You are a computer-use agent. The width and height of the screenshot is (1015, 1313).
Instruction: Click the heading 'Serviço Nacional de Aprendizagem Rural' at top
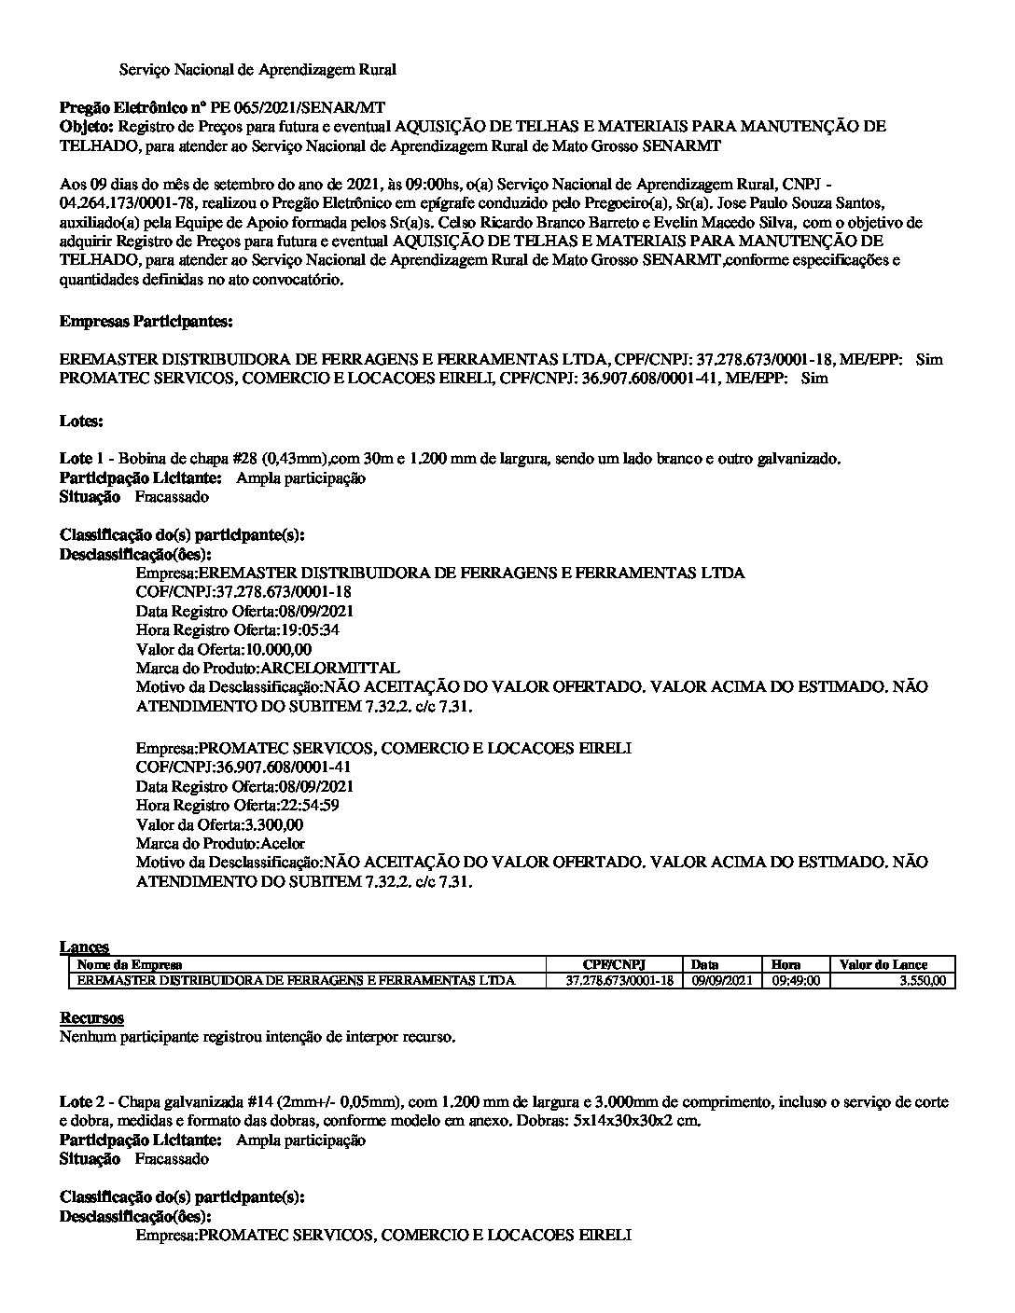pyautogui.click(x=257, y=70)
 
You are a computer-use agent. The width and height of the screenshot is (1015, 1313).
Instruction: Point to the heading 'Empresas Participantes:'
pyautogui.click(x=146, y=322)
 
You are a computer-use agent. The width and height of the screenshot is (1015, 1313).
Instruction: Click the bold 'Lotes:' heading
pyautogui.click(x=81, y=422)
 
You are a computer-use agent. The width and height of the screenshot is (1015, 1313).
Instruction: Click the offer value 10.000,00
pyautogui.click(x=279, y=650)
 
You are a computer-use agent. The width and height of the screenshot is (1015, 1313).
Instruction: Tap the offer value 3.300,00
pyautogui.click(x=273, y=825)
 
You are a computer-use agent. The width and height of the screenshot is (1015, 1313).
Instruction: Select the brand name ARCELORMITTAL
pyautogui.click(x=331, y=669)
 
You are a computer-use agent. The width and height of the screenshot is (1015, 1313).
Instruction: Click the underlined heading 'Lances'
pyautogui.click(x=84, y=947)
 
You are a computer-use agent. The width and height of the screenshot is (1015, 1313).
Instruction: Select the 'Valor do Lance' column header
pyautogui.click(x=883, y=964)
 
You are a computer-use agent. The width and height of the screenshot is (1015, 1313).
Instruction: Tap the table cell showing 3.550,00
pyautogui.click(x=920, y=981)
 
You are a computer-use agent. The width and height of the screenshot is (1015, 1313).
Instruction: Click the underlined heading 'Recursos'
pyautogui.click(x=91, y=1017)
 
